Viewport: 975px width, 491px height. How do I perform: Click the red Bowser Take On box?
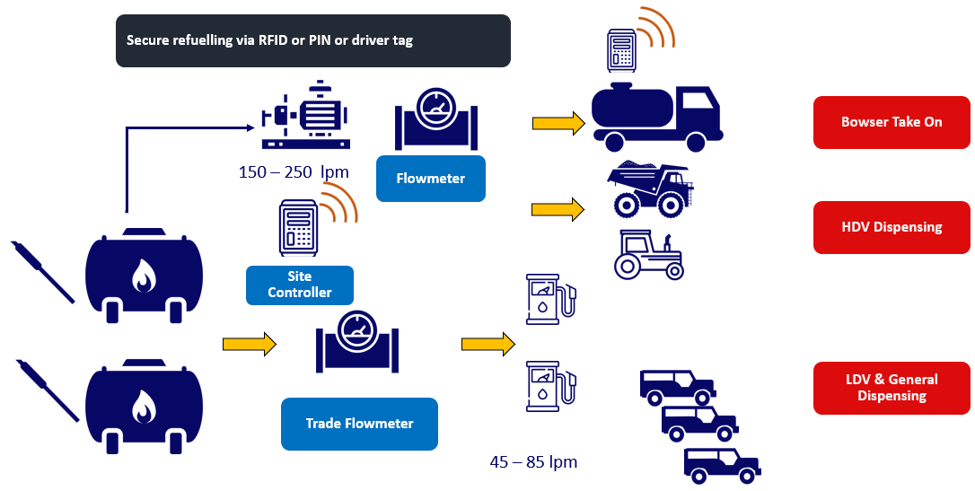pyautogui.click(x=891, y=122)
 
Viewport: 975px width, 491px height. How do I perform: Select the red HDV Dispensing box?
pyautogui.click(x=891, y=227)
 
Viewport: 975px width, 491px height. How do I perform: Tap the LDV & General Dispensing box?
pyautogui.click(x=891, y=388)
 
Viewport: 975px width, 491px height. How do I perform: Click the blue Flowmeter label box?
pyautogui.click(x=430, y=178)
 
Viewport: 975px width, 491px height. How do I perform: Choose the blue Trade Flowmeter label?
pyautogui.click(x=359, y=424)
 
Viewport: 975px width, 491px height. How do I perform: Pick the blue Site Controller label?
pyautogui.click(x=299, y=285)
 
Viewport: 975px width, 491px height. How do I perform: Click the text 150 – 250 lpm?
pyautogui.click(x=294, y=171)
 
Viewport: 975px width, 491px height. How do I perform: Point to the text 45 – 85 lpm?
pyautogui.click(x=533, y=462)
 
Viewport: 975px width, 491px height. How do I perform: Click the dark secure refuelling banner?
pyautogui.click(x=312, y=40)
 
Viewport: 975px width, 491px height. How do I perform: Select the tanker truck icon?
pyautogui.click(x=659, y=115)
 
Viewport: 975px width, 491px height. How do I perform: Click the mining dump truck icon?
pyautogui.click(x=649, y=189)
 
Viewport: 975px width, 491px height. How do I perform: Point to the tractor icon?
pyautogui.click(x=648, y=254)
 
